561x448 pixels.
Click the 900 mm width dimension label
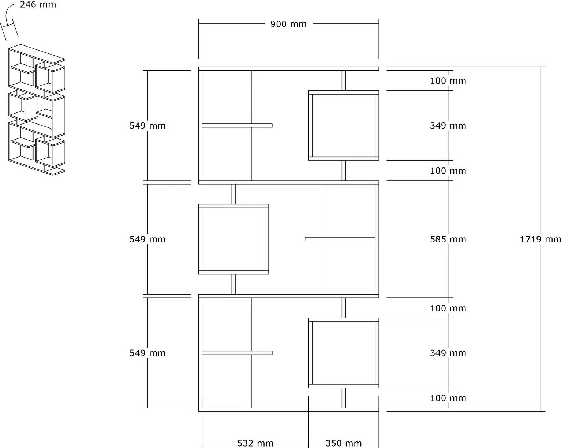click(x=288, y=24)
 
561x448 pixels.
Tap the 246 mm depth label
click(x=38, y=5)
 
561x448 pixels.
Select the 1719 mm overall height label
click(x=540, y=240)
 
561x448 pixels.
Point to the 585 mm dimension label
click(x=448, y=240)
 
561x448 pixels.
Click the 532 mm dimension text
click(x=255, y=443)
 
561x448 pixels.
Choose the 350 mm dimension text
click(x=344, y=443)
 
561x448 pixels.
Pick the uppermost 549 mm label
click(x=147, y=126)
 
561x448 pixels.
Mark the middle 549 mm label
click(x=147, y=240)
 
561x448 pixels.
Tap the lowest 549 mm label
click(x=147, y=353)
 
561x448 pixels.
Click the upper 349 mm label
click(x=448, y=126)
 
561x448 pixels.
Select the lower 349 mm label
click(x=448, y=353)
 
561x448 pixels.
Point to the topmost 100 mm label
click(x=448, y=81)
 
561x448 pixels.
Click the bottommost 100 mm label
click(x=448, y=398)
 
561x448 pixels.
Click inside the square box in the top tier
click(x=343, y=126)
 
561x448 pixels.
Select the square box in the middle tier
click(x=233, y=239)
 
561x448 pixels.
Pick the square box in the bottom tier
click(x=343, y=353)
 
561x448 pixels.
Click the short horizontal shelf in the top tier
click(x=237, y=126)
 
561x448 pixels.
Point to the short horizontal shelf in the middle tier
click(x=340, y=239)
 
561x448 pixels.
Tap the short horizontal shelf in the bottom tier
click(x=237, y=353)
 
